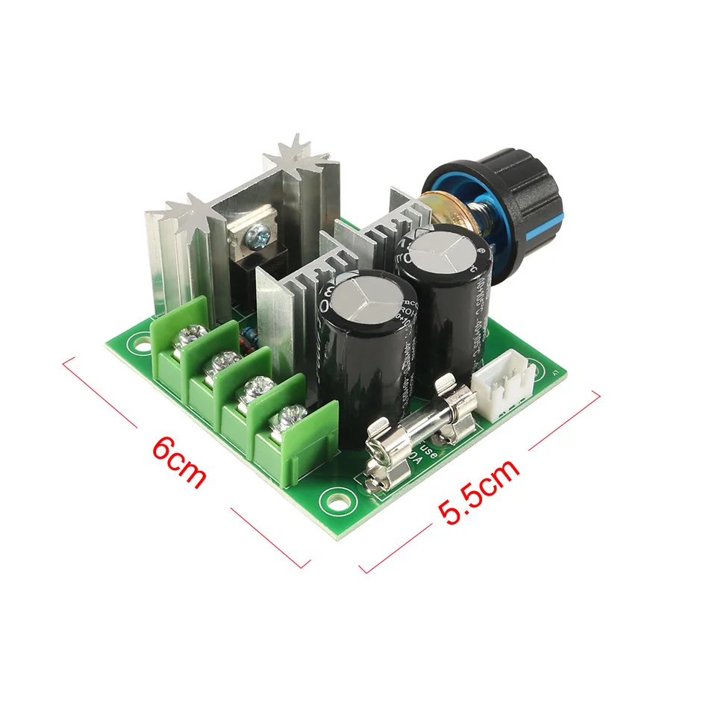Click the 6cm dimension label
(178, 463)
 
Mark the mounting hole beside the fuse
(331, 499)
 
